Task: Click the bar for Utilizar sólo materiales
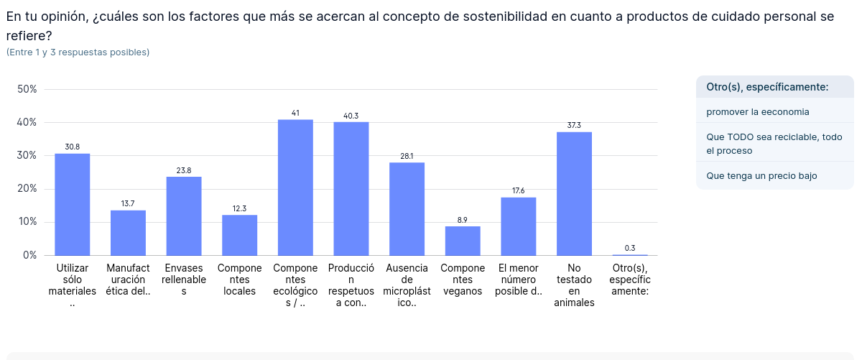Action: coord(73,205)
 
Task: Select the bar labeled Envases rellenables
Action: coord(184,216)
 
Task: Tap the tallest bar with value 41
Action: coord(295,188)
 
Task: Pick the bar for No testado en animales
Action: coord(574,194)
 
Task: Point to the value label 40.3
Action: coord(351,116)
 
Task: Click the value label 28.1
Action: coord(407,156)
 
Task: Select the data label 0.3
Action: coord(630,248)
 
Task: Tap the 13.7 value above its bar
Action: coord(128,204)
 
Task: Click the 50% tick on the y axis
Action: coord(27,89)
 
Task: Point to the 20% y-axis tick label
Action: coord(27,189)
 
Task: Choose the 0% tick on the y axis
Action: coord(30,255)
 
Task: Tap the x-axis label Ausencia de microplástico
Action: coord(407,285)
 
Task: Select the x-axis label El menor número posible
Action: coord(518,280)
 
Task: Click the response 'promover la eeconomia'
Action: coord(758,111)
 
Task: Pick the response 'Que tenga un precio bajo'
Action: coord(761,175)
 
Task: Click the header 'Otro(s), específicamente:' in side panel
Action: coord(767,87)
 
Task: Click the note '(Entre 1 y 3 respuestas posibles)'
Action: coord(78,52)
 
